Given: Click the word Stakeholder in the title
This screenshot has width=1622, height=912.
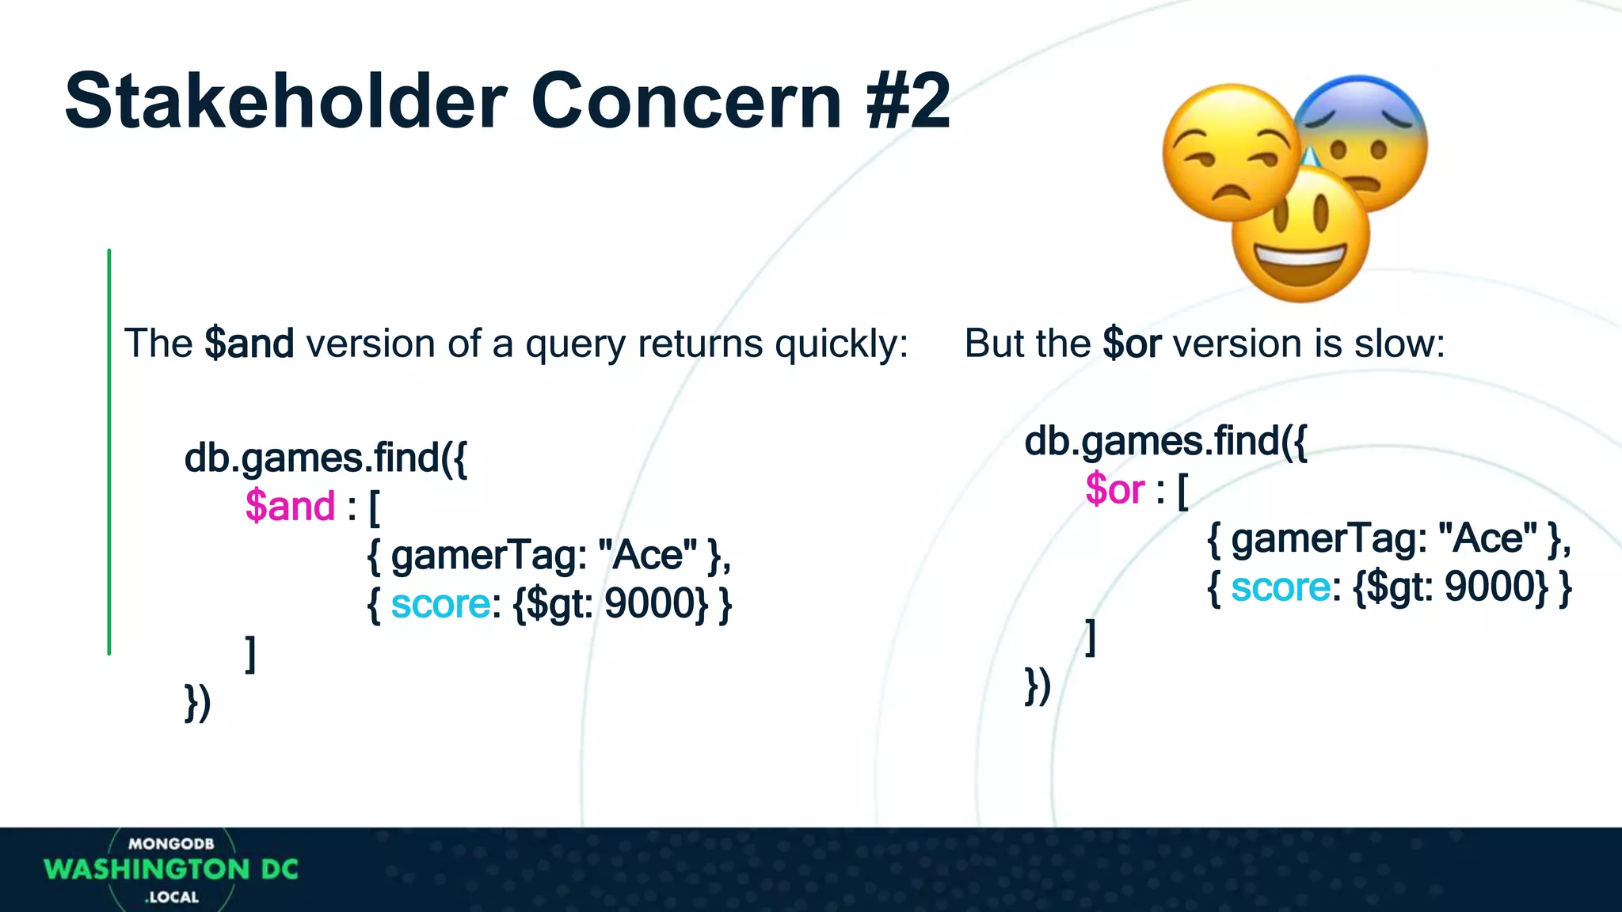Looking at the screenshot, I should point(285,101).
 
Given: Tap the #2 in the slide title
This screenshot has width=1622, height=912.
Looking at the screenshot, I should point(908,101).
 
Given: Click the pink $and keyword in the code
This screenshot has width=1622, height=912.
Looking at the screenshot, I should point(290,507).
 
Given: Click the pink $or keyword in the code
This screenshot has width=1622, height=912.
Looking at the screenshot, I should point(1115,489).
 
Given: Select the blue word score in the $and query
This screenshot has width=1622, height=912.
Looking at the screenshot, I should point(440,605).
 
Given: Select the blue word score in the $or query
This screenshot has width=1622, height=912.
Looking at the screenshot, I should point(1281,587).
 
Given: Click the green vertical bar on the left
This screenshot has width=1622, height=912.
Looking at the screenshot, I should point(109,451).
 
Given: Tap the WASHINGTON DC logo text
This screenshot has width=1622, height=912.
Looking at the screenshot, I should point(171,870).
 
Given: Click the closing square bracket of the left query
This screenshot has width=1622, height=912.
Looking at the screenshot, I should point(250,654).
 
